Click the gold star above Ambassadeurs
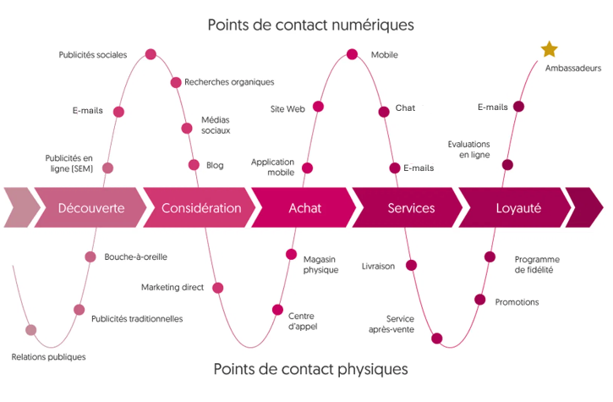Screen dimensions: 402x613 pos(549,49)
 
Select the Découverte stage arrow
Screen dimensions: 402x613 pos(90,208)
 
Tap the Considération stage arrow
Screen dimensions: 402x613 pos(200,208)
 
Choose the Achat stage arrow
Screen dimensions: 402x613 pos(304,208)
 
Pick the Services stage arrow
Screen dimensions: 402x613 pos(410,208)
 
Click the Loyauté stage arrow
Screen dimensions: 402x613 pos(517,208)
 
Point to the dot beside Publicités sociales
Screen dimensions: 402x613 pos(151,54)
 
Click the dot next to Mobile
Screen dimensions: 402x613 pos(353,54)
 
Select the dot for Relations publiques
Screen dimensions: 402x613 pos(31,330)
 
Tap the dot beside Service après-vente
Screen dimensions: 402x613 pos(436,339)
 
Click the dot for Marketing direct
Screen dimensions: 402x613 pos(218,288)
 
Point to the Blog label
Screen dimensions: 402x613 pos(215,166)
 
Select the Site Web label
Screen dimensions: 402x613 pos(287,109)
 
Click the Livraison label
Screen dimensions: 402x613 pos(378,266)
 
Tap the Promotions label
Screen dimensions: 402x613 pos(517,302)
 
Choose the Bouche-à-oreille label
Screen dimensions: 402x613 pos(136,256)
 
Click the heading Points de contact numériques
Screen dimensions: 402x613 pos(310,25)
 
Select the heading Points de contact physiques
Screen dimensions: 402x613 pos(310,369)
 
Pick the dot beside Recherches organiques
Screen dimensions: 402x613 pos(176,82)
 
